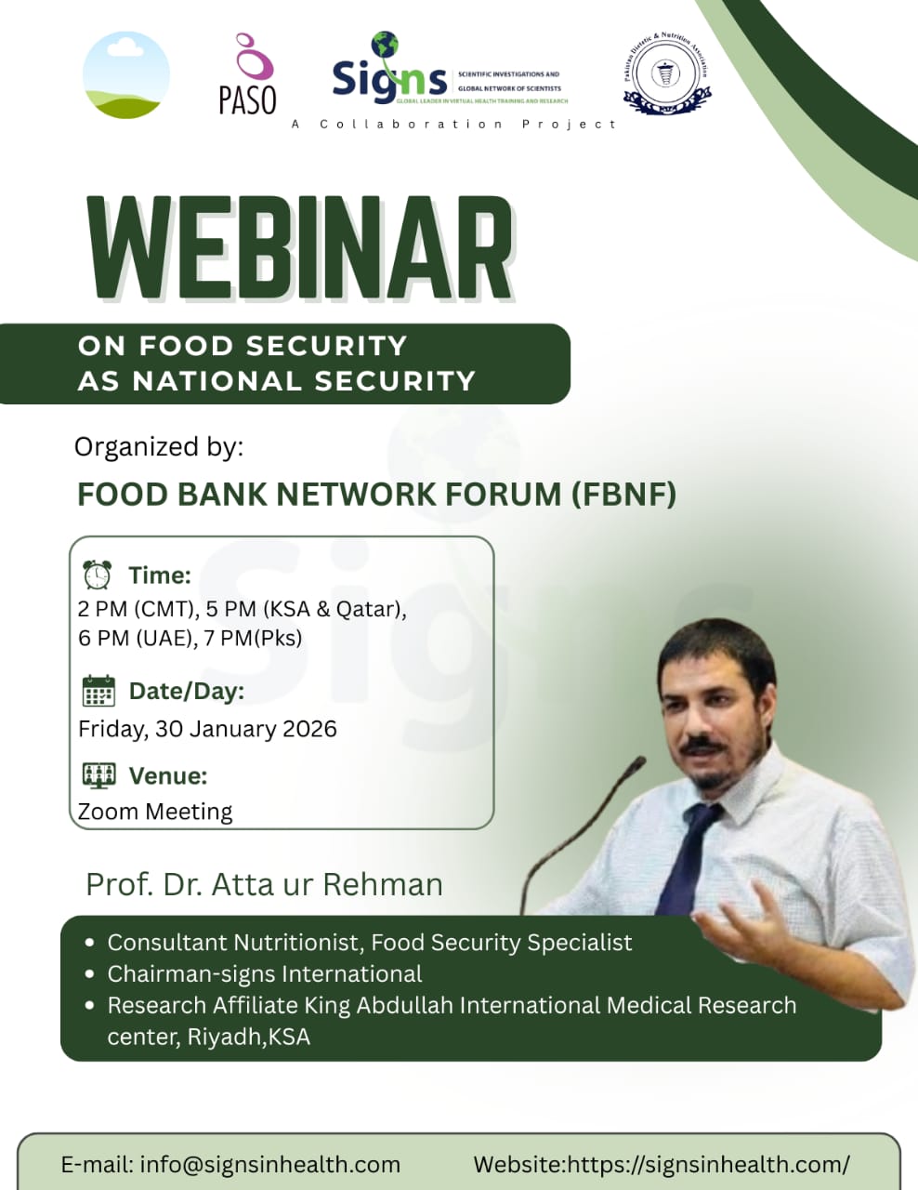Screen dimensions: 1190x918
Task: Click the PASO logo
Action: tap(247, 75)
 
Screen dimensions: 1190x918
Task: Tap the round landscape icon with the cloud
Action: tap(126, 75)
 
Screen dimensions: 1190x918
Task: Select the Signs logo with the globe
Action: tap(389, 73)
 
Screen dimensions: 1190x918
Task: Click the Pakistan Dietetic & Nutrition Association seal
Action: tap(665, 74)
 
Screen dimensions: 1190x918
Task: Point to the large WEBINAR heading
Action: tap(300, 249)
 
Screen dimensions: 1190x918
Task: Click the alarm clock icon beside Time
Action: tap(97, 575)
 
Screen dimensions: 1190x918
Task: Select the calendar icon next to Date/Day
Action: tap(98, 692)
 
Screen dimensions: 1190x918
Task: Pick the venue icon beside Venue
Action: tap(98, 775)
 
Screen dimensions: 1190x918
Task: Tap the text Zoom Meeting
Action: tap(155, 812)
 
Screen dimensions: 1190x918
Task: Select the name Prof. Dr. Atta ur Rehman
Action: tap(264, 884)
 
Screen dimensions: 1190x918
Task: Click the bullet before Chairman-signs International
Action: tap(89, 974)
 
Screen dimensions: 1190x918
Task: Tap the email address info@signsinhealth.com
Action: tap(269, 1164)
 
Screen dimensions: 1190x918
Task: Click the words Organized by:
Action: tap(159, 447)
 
